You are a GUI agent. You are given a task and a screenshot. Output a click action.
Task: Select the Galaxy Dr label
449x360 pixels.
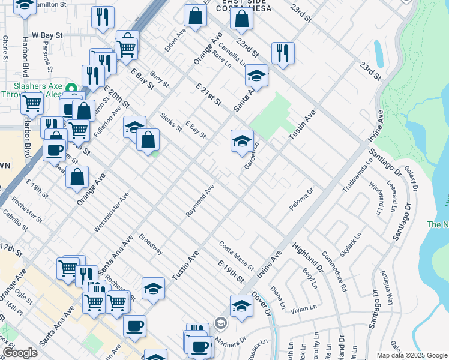pyautogui.click(x=410, y=177)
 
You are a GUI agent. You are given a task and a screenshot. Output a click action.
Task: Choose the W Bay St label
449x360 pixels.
pyautogui.click(x=47, y=36)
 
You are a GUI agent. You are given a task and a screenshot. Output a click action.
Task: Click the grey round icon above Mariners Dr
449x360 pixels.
pyautogui.click(x=221, y=323)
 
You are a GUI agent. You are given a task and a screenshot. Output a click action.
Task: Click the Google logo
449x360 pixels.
pyautogui.click(x=20, y=353)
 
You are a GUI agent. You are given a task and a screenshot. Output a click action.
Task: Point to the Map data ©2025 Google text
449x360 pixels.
pyautogui.click(x=411, y=355)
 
